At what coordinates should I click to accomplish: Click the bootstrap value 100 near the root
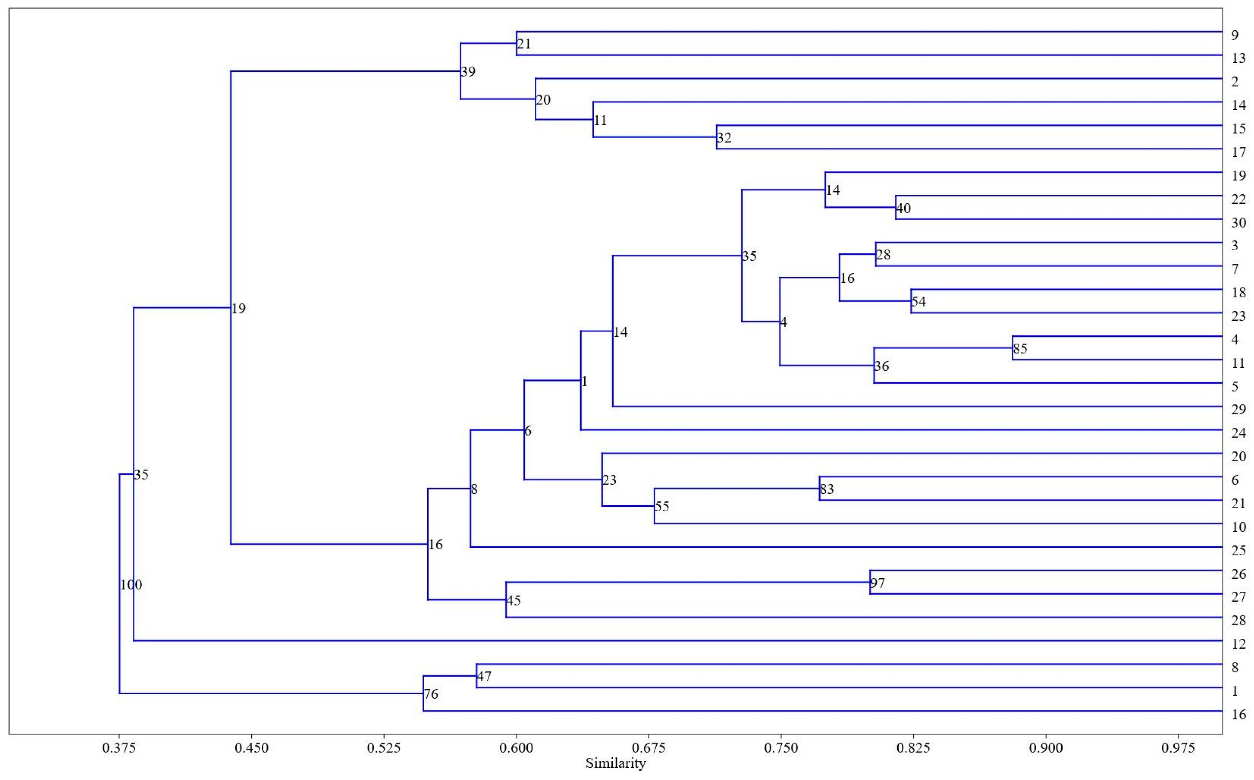[x=131, y=585]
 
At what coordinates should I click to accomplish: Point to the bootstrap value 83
[x=826, y=489]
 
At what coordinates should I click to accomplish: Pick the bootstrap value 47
[x=484, y=677]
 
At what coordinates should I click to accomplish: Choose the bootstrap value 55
[x=662, y=507]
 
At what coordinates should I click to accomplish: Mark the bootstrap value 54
[x=919, y=302]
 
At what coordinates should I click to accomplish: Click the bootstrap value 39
[x=468, y=72]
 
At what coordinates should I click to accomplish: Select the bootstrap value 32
[x=724, y=138]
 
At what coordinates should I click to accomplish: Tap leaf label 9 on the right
[x=1234, y=36]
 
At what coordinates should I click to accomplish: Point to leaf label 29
[x=1238, y=410]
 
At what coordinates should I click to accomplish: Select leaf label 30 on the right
[x=1238, y=223]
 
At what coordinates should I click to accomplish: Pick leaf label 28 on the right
[x=1238, y=621]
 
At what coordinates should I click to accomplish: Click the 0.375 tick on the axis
[x=119, y=748]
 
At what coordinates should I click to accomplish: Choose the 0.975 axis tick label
[x=1178, y=748]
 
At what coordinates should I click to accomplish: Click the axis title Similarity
[x=616, y=764]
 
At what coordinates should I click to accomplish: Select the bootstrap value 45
[x=513, y=601]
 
